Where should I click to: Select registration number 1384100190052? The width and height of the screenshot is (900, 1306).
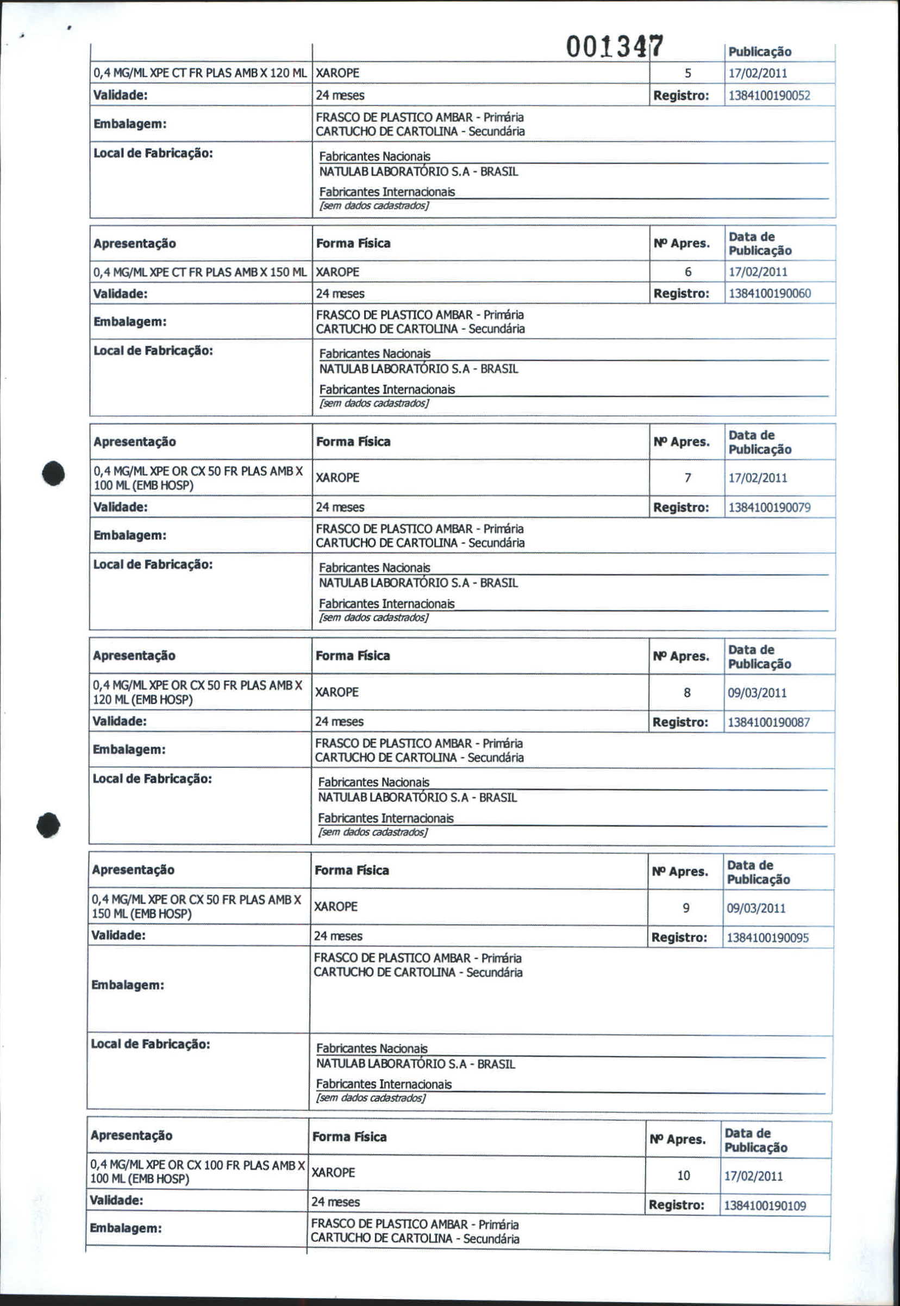(x=769, y=95)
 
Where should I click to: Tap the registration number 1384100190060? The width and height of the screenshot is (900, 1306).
(x=769, y=293)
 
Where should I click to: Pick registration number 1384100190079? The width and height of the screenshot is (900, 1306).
(x=769, y=507)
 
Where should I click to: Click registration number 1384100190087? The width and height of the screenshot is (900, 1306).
(x=768, y=722)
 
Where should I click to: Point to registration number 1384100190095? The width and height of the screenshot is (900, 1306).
(x=767, y=937)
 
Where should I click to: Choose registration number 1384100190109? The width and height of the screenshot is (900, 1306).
(x=765, y=1205)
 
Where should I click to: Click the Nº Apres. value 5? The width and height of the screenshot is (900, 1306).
(x=687, y=73)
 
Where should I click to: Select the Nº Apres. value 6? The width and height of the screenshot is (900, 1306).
(x=687, y=272)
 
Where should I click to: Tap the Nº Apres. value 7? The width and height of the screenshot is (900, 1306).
(x=687, y=478)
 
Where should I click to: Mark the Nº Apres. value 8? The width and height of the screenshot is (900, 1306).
(x=687, y=692)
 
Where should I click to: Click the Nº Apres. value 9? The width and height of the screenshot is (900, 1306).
(x=686, y=908)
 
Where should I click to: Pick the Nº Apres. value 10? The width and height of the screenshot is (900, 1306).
(x=684, y=1175)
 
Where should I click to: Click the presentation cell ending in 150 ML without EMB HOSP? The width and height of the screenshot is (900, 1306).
(x=199, y=272)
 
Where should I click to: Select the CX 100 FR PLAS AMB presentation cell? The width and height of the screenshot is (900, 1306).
(x=197, y=1171)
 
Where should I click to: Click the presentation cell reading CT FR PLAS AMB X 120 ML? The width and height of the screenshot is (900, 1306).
(x=199, y=73)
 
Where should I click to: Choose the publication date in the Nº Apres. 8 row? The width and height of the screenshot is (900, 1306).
(x=757, y=692)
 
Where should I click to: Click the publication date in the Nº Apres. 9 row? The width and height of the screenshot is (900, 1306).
(x=755, y=908)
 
